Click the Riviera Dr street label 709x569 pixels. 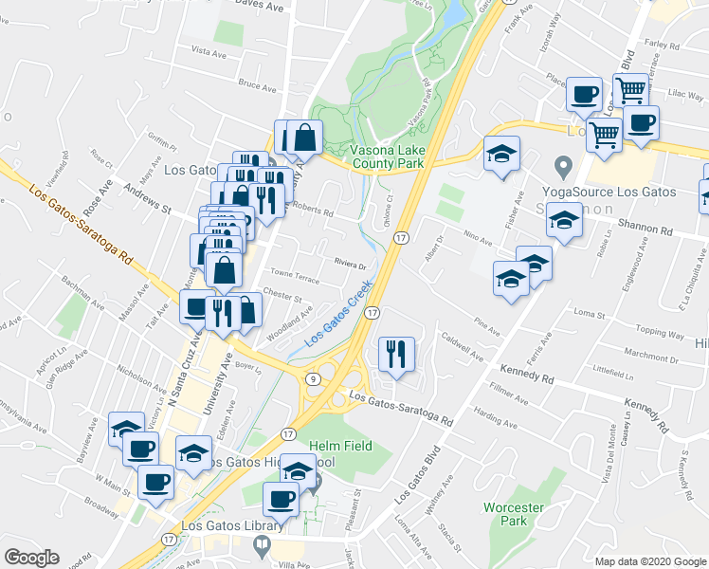(x=350, y=265)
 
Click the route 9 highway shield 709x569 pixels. (x=312, y=378)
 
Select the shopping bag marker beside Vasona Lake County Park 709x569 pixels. (x=305, y=137)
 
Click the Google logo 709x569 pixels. (x=31, y=557)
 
